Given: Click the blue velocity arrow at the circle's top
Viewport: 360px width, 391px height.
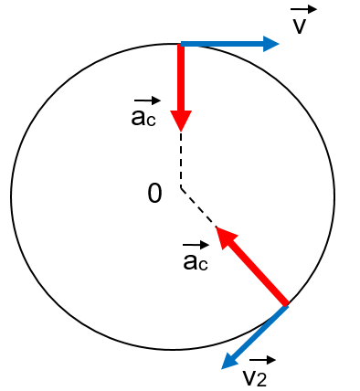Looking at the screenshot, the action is point(224,43).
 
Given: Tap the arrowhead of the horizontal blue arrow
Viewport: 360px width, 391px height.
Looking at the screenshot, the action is point(270,43).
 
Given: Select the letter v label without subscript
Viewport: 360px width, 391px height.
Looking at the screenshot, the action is point(299,25).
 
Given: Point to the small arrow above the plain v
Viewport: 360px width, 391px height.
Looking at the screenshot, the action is point(304,9).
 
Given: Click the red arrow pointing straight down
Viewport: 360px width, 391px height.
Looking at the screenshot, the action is point(181,82).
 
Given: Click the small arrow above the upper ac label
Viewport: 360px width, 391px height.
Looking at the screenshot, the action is point(146,100).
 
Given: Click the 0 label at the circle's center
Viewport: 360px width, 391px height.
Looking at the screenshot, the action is point(154,193).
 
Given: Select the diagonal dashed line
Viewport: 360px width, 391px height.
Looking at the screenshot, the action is point(198,206).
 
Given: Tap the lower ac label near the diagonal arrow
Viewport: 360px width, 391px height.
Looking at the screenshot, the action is point(196,262).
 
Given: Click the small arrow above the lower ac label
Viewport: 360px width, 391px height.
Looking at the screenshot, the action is point(196,245).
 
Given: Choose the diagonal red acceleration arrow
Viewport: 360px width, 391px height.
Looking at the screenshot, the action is point(256,270).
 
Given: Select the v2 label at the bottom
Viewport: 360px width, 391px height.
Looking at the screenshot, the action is point(254,376).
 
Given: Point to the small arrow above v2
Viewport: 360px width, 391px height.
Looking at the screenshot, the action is point(261,360).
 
